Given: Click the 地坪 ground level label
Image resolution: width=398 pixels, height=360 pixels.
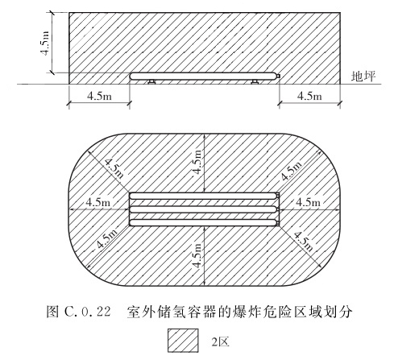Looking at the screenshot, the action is [x=363, y=77].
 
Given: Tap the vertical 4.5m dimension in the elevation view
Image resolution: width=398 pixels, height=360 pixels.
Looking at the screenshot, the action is [x=45, y=43].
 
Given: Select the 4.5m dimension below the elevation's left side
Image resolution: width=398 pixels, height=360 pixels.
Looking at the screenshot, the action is [x=99, y=96].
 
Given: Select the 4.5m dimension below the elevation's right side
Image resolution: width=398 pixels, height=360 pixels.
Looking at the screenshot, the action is [x=309, y=96].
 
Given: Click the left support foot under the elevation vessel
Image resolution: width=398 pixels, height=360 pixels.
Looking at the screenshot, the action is [x=151, y=81].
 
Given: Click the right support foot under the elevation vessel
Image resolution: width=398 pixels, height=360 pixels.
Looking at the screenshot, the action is [x=255, y=81].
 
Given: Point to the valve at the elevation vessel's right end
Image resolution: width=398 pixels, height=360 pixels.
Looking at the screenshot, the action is [x=279, y=76].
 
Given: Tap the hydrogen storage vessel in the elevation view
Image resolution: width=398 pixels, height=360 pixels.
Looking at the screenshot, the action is [x=203, y=76].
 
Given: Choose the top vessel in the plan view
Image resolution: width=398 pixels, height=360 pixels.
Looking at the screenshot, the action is [x=203, y=196].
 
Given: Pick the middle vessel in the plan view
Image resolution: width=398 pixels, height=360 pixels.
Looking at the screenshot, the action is [x=203, y=209].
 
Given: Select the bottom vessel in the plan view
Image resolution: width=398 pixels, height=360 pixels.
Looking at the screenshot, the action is [x=203, y=222].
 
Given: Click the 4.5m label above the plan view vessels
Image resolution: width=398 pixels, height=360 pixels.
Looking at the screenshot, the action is [x=197, y=162].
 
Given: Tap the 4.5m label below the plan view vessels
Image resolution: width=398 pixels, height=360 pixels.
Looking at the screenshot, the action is [x=197, y=255].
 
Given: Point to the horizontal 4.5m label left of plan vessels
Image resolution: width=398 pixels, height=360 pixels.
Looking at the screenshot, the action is [x=98, y=202].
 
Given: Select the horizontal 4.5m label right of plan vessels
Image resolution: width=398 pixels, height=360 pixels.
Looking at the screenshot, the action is [x=308, y=202].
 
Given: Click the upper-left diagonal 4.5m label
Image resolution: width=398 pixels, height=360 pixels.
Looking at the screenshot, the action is [x=114, y=168].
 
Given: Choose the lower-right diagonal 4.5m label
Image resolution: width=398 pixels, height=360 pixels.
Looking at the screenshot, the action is [x=304, y=242].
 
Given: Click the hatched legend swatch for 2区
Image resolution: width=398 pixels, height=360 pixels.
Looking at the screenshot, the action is [x=183, y=341].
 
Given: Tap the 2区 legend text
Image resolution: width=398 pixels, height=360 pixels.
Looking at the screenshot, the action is [x=220, y=342].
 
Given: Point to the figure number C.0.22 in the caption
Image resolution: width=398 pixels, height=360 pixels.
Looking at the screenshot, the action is [x=88, y=312].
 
